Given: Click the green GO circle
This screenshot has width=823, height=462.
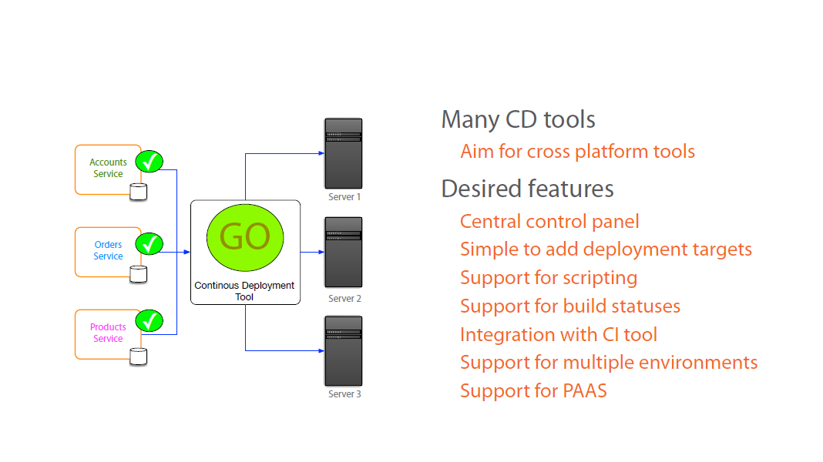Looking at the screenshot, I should [x=245, y=237].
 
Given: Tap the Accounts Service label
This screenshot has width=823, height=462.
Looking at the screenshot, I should [x=108, y=168].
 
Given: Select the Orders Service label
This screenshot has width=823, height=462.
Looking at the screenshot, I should [x=108, y=250].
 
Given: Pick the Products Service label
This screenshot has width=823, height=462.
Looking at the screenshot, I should [x=108, y=333].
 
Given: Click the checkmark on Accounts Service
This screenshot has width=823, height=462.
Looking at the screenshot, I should [x=149, y=162].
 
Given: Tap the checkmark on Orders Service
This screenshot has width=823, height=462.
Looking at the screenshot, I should [x=149, y=244].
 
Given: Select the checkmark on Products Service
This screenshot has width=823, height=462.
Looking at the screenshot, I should [x=149, y=320].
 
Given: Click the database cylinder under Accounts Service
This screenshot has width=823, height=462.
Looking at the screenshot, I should [x=138, y=192].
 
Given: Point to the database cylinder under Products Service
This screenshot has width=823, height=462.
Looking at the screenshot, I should [x=138, y=357].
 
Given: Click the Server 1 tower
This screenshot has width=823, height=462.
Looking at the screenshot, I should [x=344, y=153].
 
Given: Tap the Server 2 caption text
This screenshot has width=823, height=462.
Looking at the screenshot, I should [x=344, y=299].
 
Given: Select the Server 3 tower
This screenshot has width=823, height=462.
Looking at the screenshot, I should [x=344, y=350].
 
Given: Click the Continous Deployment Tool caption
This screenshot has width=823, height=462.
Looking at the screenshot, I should [x=244, y=291].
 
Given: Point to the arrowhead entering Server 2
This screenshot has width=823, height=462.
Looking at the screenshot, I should [x=320, y=252].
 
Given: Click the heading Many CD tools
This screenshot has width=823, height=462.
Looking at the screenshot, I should [x=518, y=120].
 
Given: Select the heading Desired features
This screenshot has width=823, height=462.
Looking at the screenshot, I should [x=527, y=189].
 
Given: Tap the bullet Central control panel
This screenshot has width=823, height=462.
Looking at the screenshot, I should [x=549, y=222].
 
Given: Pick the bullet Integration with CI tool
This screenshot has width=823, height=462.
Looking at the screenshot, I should [x=559, y=335].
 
